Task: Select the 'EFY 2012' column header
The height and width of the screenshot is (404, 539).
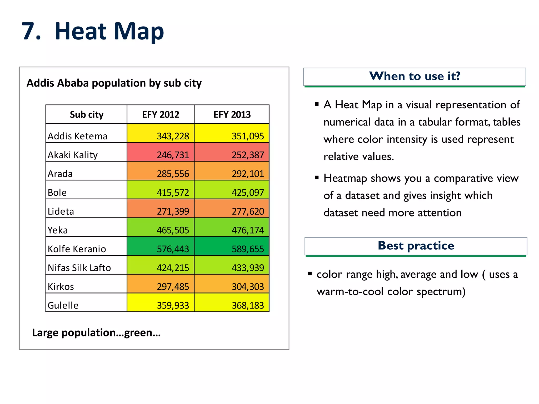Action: (161, 114)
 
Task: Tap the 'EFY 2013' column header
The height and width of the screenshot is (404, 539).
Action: (232, 114)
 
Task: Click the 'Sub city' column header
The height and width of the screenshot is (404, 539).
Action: (87, 114)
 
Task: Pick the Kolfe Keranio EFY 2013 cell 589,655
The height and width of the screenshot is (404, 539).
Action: (232, 246)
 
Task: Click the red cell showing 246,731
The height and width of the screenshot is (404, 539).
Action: (161, 152)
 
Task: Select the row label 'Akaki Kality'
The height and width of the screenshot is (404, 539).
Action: (73, 155)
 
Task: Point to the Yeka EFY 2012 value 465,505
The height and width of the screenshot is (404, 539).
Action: (161, 227)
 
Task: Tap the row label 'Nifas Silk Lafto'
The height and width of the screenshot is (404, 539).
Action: (79, 268)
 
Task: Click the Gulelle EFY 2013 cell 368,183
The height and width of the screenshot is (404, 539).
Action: (232, 302)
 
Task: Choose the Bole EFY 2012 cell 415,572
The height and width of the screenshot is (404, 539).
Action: (161, 190)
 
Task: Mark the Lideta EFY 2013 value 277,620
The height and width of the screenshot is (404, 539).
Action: (232, 209)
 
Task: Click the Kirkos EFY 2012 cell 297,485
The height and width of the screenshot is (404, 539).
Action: (161, 284)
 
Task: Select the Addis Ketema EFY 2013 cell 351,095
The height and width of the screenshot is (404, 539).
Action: (232, 133)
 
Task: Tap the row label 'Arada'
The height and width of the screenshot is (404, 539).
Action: (60, 174)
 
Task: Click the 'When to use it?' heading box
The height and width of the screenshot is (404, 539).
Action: (415, 77)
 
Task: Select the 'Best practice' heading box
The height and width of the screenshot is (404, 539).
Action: (416, 246)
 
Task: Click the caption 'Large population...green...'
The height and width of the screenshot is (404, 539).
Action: (96, 333)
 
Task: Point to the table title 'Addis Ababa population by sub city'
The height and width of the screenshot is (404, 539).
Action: (114, 83)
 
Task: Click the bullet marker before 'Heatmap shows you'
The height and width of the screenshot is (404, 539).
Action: (317, 178)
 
